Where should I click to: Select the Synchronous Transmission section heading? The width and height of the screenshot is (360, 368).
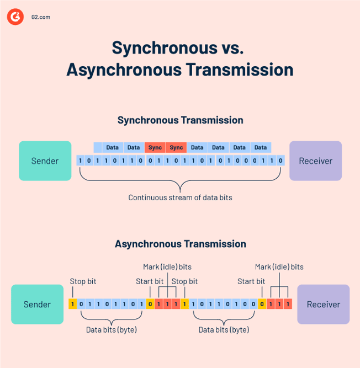(180, 120)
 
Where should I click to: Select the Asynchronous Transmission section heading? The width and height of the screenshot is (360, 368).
(180, 243)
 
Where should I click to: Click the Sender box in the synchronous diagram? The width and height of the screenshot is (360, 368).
(45, 161)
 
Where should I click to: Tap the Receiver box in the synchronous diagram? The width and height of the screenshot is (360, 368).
(315, 161)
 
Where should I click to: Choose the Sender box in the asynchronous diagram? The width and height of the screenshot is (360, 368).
(37, 304)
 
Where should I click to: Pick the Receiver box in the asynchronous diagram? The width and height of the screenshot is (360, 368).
(323, 304)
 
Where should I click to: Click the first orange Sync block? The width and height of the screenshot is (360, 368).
(155, 147)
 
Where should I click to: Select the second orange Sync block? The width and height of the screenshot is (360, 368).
(176, 147)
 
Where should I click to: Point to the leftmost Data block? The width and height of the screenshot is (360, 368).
(113, 147)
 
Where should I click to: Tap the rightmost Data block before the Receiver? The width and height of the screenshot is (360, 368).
(260, 147)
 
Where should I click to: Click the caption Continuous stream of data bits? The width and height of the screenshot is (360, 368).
(180, 197)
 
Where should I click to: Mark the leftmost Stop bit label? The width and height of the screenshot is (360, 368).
(83, 281)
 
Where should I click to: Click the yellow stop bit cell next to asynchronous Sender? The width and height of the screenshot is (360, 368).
(72, 304)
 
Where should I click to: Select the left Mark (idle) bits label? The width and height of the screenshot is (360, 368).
(167, 266)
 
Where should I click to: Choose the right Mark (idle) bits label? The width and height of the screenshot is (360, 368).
(279, 266)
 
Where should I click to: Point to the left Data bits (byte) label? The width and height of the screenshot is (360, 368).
(112, 329)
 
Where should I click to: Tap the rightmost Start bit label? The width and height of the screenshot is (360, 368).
(251, 281)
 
